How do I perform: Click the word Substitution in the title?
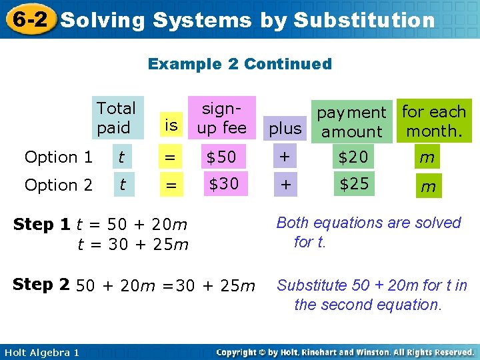click(364, 21)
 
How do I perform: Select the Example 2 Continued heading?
click(240, 64)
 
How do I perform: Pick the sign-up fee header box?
click(221, 118)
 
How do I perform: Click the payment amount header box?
click(351, 122)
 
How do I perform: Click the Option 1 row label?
click(59, 157)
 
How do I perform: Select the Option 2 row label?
click(59, 185)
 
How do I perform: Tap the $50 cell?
click(221, 157)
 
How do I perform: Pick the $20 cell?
click(353, 157)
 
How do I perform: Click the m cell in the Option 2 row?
click(428, 186)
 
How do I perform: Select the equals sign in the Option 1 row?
click(171, 157)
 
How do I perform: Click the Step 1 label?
click(42, 225)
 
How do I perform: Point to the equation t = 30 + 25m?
click(133, 245)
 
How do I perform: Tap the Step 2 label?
click(42, 285)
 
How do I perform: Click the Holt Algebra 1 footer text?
click(41, 352)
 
